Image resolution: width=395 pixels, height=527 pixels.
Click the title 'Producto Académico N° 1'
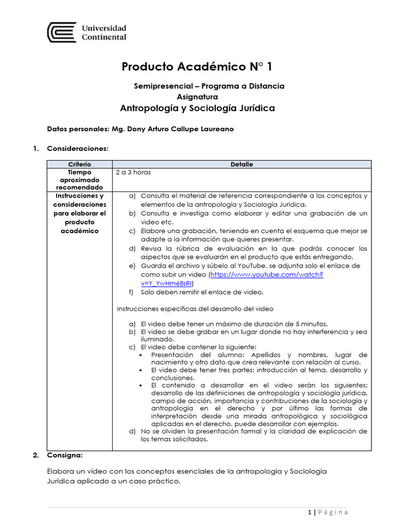[x=197, y=66]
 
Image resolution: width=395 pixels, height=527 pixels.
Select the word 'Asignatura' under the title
[x=197, y=97]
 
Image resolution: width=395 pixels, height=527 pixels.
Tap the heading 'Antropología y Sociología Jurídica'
[x=197, y=109]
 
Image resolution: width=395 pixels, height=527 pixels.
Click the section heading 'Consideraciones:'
[x=78, y=149]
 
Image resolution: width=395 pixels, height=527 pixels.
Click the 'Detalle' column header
[x=241, y=164]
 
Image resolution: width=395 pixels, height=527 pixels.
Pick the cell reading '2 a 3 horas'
[x=133, y=172]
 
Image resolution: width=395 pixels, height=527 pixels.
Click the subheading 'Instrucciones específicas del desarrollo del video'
[x=195, y=309]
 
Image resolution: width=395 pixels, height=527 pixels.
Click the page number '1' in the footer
[x=309, y=512]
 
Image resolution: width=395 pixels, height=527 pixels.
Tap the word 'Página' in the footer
[x=333, y=512]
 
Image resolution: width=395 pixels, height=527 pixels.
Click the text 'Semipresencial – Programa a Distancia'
[x=209, y=86]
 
